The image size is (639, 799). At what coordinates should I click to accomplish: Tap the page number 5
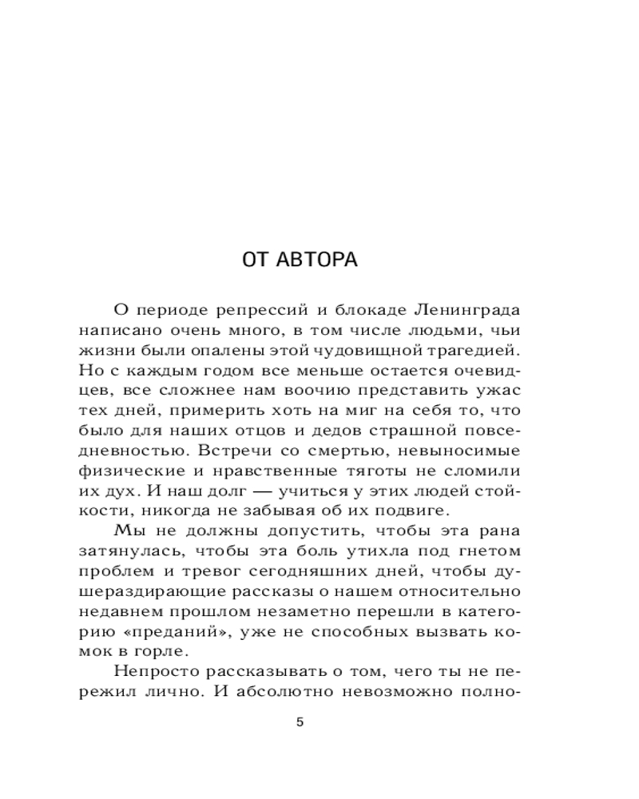(300, 722)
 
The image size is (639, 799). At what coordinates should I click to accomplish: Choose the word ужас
(501, 389)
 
